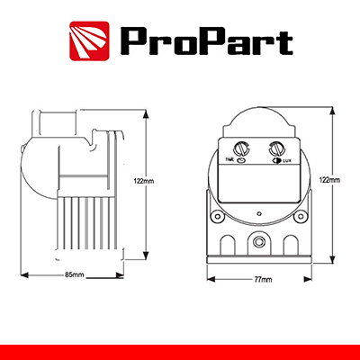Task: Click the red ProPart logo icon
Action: coord(89,40)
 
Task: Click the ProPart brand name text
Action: coord(206,40)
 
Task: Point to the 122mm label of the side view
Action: coord(144,181)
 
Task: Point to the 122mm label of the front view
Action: coord(330,180)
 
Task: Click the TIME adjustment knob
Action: coord(240,148)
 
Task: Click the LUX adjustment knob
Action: coord(277,148)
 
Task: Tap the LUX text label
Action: coord(286,161)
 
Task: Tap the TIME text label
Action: coord(230,160)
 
